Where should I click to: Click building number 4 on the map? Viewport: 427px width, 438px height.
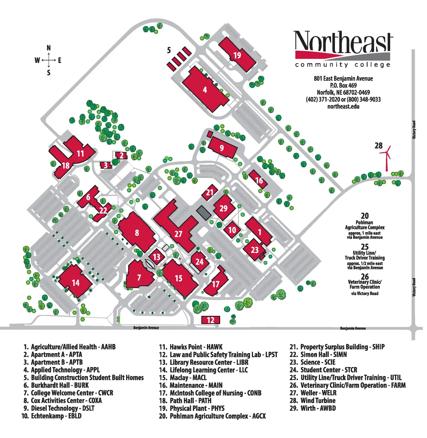[204, 90]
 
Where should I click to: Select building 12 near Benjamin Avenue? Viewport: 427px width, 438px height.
[210, 320]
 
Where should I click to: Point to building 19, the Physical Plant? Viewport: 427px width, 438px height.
[237, 55]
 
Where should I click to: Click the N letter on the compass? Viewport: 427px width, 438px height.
[49, 48]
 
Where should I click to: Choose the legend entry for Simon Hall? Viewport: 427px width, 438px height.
[318, 355]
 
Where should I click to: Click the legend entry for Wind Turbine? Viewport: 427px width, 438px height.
[313, 400]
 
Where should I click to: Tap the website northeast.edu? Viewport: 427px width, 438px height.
[343, 106]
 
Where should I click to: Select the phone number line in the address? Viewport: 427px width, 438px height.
[343, 99]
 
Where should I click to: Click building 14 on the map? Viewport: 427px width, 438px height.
[76, 282]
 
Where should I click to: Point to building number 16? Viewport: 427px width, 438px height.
[259, 180]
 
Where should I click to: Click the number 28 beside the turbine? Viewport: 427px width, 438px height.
[378, 146]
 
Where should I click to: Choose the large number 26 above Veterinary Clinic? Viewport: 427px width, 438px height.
[365, 276]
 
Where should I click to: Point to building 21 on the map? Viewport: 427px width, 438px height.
[209, 192]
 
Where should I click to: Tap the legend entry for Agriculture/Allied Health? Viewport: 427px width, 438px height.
[70, 347]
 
